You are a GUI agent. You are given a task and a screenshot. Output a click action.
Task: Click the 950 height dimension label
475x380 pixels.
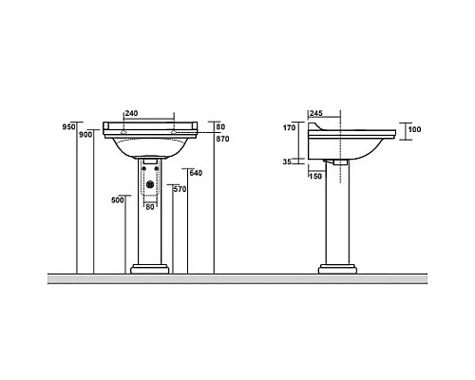click(x=68, y=127)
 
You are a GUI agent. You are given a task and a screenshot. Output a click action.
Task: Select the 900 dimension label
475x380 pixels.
click(x=85, y=135)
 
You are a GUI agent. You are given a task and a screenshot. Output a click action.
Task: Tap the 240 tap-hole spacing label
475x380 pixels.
click(x=132, y=113)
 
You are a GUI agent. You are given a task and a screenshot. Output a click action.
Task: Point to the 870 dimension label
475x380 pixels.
click(x=222, y=139)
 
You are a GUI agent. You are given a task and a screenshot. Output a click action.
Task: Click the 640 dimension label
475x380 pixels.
click(x=196, y=173)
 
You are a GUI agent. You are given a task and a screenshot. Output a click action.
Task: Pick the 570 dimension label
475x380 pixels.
click(x=180, y=189)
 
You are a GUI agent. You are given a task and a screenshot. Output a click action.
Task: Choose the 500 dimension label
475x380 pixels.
click(x=118, y=200)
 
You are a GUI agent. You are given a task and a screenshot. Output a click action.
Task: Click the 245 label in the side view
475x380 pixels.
click(x=316, y=113)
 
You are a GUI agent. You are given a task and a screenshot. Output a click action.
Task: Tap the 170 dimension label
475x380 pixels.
click(x=289, y=127)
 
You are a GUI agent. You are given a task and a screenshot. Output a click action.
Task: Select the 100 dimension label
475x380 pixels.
click(x=415, y=129)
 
